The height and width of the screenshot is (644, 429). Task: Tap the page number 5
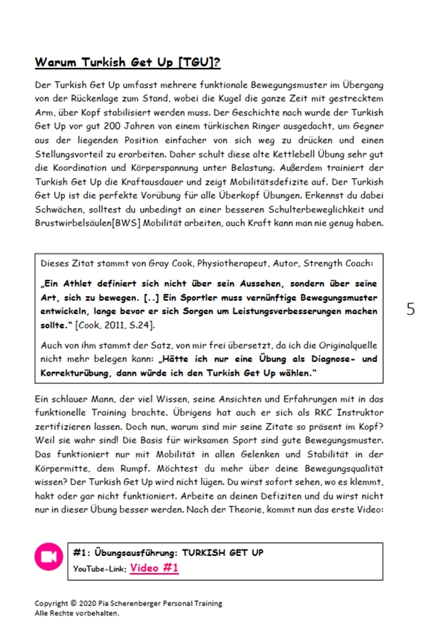(410, 309)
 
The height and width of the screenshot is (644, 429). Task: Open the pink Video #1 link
(154, 568)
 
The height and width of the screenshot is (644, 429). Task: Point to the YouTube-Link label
(99, 569)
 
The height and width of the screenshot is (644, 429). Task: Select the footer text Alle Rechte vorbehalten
(77, 613)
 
